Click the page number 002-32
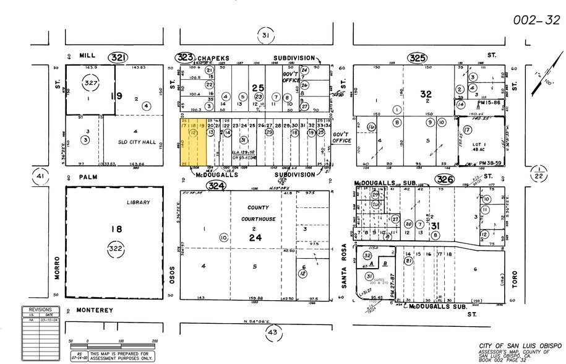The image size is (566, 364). pos(536,20)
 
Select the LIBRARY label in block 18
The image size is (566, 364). pos(139,202)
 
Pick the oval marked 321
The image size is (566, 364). pos(119,58)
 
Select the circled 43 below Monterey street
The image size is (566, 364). pos(272,334)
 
